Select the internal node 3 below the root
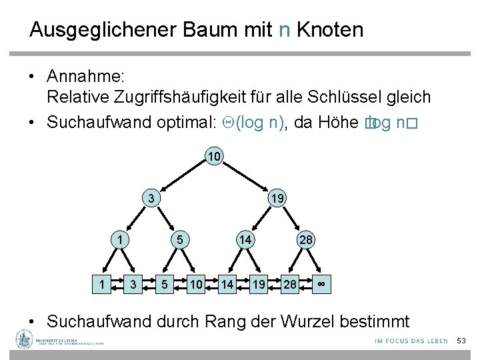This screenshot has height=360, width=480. [x=152, y=198]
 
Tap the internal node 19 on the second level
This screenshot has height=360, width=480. [x=276, y=198]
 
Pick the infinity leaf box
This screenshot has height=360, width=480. [x=321, y=284]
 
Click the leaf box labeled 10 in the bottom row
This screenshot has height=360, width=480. [x=195, y=284]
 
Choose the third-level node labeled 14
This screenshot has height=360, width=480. [x=245, y=239]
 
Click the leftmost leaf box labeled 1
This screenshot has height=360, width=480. [x=101, y=284]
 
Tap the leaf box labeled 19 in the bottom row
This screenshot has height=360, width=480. [x=258, y=284]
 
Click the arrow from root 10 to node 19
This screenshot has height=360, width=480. [x=245, y=177]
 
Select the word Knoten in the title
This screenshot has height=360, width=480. [x=330, y=30]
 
